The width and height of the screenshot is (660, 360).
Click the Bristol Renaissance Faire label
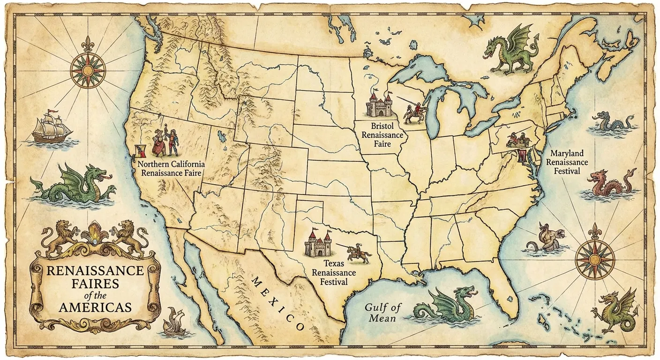(387, 135)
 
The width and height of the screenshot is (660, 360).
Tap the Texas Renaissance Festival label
(334, 273)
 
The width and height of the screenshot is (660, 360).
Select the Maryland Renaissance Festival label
(567, 162)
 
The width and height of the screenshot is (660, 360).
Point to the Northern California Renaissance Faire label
(171, 169)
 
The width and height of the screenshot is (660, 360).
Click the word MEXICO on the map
(278, 302)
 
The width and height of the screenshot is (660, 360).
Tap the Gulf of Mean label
(383, 313)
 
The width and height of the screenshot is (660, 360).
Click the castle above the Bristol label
(379, 105)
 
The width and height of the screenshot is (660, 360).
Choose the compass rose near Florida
(594, 258)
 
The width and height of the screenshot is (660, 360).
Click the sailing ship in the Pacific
(51, 127)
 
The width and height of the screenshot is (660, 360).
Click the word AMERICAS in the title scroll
(95, 307)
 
